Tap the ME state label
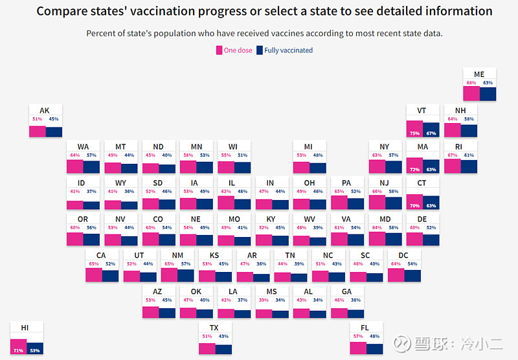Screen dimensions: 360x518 479,74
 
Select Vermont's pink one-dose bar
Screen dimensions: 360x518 414,129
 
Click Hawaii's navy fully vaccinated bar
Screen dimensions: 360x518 34,348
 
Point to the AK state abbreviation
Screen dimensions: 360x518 45,111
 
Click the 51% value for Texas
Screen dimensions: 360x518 207,337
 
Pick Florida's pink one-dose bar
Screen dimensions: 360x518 358,348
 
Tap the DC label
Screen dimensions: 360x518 403,255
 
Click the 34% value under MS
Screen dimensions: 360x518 280,300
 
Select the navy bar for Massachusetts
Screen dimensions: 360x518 431,166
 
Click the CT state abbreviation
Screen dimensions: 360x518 422,183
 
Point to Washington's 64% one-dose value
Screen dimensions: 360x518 75,155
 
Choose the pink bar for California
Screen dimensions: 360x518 94,275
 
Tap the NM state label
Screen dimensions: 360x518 177,255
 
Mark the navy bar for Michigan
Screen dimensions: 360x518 317,168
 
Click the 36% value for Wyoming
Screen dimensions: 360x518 129,192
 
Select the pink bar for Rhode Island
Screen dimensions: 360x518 452,166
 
